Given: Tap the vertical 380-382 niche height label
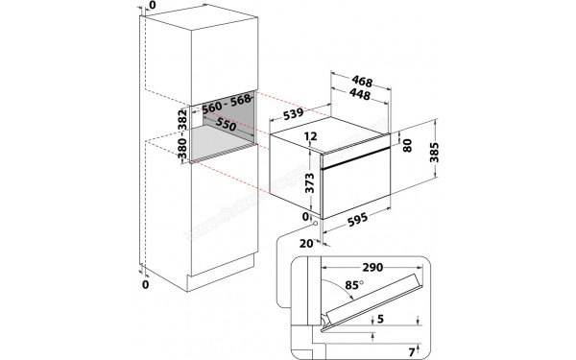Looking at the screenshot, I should [180, 133].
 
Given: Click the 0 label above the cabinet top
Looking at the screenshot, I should [144, 7].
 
